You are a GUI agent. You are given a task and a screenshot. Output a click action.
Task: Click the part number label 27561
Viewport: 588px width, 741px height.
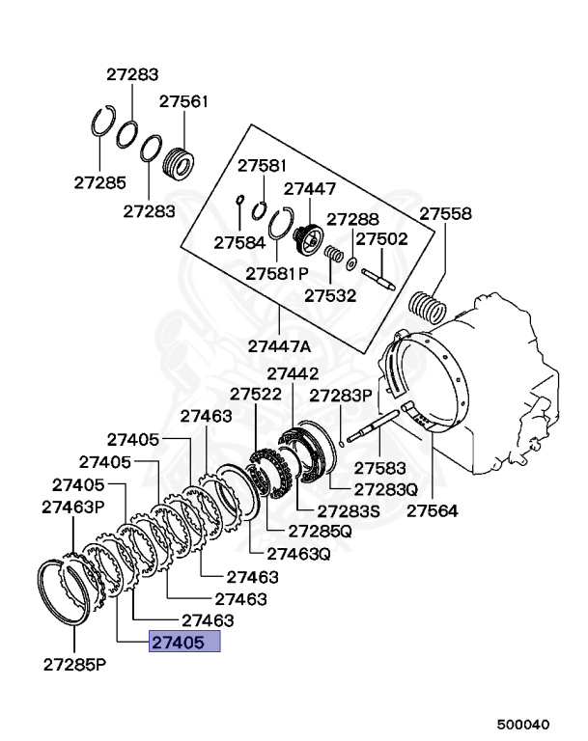[184, 100]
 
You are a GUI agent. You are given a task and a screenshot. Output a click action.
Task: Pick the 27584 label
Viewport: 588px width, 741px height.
[238, 241]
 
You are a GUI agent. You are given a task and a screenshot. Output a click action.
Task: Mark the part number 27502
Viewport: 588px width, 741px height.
[381, 239]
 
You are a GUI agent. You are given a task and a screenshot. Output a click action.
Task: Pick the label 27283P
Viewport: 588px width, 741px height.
[340, 396]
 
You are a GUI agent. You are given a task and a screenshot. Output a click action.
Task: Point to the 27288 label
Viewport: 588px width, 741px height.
[352, 220]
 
